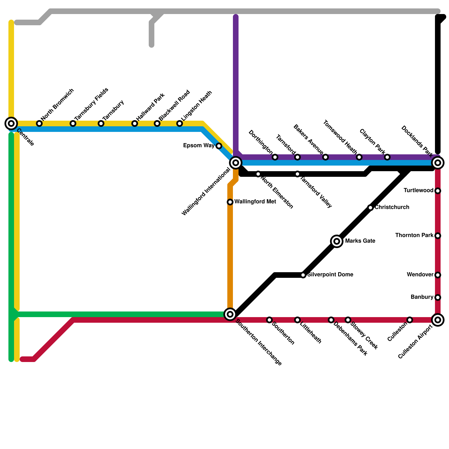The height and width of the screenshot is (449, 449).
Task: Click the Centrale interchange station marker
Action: click(11, 123)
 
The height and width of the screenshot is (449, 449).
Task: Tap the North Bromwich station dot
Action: click(39, 123)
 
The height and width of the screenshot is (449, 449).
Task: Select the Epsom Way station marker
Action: click(219, 146)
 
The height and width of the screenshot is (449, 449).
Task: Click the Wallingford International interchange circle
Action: click(236, 163)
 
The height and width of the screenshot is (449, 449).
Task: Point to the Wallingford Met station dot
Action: click(230, 202)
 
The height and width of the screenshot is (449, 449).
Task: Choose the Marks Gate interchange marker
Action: click(337, 241)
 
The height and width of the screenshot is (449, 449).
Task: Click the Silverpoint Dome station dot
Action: click(303, 275)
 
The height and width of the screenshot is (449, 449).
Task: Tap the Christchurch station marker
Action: click(370, 208)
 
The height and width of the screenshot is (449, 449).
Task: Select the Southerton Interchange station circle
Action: click(230, 314)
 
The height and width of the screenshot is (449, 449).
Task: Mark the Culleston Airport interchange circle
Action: click(438, 320)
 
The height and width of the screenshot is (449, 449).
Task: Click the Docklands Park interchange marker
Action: click(438, 163)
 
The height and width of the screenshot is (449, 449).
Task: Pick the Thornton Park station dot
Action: click(438, 236)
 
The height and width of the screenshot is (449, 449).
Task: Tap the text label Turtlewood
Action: click(418, 191)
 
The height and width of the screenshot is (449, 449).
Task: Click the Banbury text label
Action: click(422, 297)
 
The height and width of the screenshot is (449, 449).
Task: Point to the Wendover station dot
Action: click(438, 275)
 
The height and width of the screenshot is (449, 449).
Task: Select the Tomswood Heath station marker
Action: click(359, 157)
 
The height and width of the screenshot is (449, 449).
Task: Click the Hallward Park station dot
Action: click(135, 123)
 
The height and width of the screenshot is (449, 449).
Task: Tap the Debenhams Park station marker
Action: click(331, 320)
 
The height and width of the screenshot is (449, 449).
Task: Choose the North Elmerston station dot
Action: click(258, 174)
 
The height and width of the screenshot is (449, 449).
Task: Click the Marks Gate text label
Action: click(360, 241)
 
